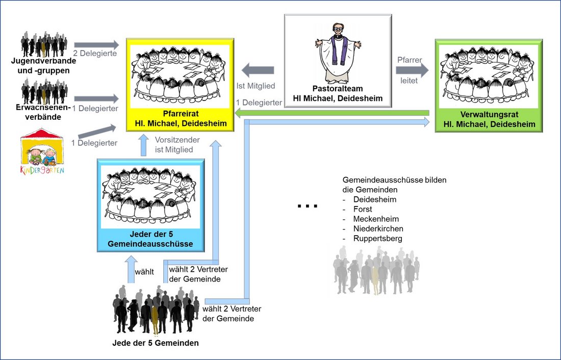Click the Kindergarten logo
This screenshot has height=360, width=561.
pos(42,153)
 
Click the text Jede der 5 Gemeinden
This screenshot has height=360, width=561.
pos(155,343)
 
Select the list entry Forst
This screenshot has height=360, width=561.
pos(363,209)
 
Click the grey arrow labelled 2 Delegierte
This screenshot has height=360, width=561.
pos(96,45)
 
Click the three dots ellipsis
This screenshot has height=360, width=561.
pos(308,207)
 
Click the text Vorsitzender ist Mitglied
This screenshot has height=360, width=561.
pos(174,145)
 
